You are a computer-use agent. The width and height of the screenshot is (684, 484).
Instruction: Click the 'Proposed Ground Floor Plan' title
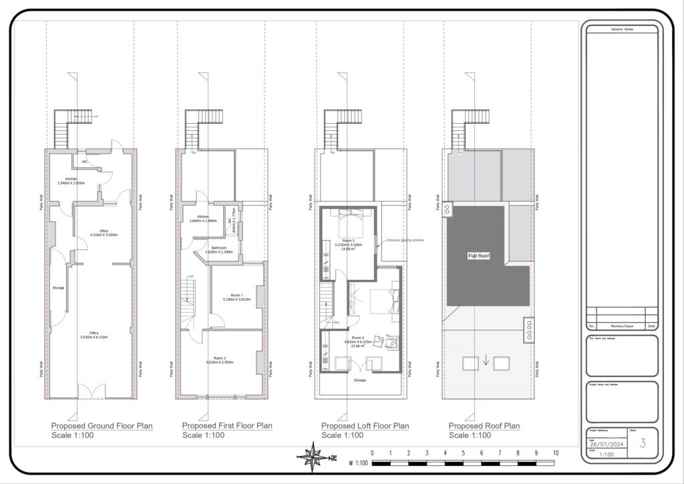click(102, 426)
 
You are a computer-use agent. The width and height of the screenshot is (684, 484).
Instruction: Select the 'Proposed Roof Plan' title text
click(484, 426)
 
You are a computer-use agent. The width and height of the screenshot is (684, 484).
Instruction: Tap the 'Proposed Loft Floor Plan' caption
click(365, 426)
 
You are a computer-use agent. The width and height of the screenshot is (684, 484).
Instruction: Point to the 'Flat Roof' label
click(478, 255)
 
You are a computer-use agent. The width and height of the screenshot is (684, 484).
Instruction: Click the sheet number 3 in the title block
click(643, 443)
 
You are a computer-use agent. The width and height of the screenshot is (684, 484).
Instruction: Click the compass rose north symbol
click(313, 458)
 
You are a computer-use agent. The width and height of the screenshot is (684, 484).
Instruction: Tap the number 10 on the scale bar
click(556, 453)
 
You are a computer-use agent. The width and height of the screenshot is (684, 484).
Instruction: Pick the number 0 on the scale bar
click(372, 453)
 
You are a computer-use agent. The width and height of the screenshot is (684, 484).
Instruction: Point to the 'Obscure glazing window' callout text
click(405, 239)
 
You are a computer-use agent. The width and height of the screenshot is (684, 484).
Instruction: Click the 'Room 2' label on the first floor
click(219, 359)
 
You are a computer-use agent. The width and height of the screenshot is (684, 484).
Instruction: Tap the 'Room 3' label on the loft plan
click(351, 241)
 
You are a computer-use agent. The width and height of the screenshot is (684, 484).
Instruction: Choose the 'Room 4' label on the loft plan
click(358, 338)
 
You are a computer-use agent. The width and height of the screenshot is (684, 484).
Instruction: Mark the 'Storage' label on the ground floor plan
click(59, 287)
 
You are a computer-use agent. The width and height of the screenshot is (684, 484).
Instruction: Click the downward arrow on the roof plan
click(486, 362)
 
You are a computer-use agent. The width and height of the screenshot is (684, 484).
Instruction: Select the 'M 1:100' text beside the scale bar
click(359, 463)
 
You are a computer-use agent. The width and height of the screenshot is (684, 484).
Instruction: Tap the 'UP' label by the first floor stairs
click(192, 277)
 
